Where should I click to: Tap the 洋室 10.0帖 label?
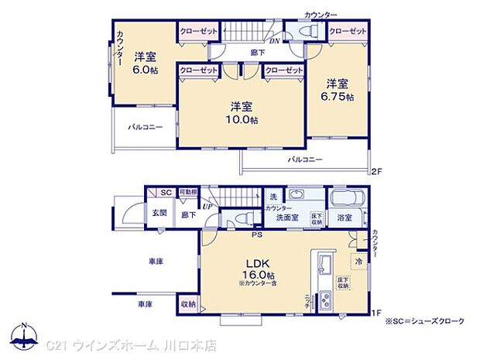coord(241,113)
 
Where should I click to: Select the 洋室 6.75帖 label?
coord(338,90)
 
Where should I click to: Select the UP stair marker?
coord(208,206)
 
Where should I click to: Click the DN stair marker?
coord(274,41)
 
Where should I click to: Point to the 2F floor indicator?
coord(377,170)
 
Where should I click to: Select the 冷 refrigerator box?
coord(358,262)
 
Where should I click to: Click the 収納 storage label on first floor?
coord(188,304)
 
